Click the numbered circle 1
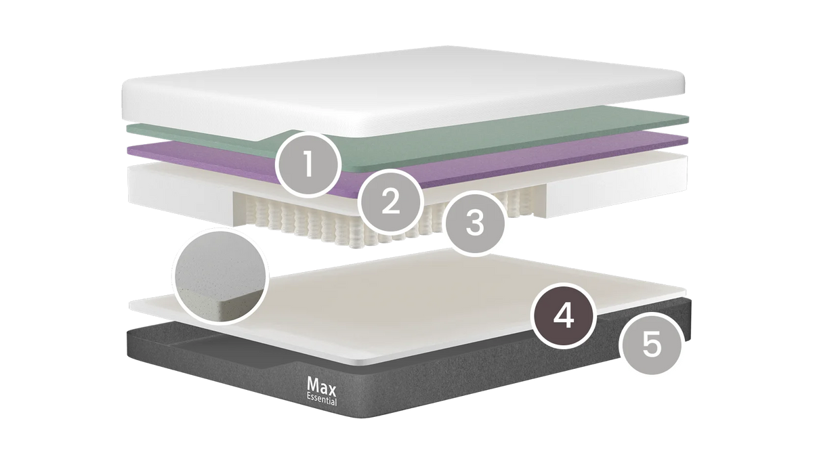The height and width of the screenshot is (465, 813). (308, 165)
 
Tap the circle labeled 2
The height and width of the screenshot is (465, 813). (390, 202)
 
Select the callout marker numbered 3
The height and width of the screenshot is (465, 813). (475, 223)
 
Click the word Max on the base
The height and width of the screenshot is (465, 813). (321, 386)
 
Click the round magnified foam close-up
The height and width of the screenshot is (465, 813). (220, 276)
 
